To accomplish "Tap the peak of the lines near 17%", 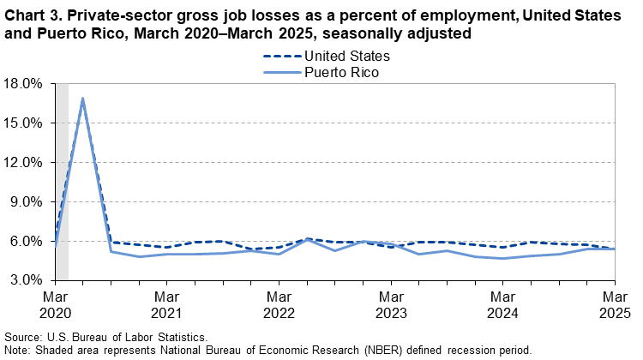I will tap(83, 99).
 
